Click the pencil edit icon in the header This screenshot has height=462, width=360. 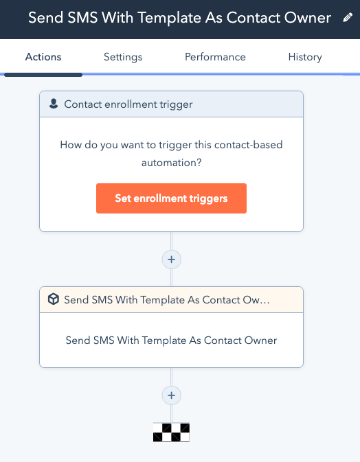click(348, 18)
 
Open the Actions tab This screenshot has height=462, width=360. click(43, 57)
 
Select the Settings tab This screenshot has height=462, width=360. click(123, 57)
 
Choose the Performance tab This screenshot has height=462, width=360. click(215, 57)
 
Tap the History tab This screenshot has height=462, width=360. click(305, 57)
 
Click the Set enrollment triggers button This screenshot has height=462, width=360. click(171, 198)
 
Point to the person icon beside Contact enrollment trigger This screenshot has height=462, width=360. click(54, 104)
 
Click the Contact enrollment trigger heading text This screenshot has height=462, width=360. click(128, 104)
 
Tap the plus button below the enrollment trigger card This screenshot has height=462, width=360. click(171, 259)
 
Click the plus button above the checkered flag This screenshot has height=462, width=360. click(171, 395)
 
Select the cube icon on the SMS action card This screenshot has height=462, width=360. click(54, 299)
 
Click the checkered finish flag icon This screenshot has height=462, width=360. click(171, 432)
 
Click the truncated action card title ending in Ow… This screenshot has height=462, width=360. click(166, 300)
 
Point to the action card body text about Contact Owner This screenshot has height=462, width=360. click(171, 340)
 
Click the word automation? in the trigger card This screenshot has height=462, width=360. click(172, 163)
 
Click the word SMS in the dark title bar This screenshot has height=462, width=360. click(82, 18)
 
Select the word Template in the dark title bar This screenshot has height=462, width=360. click(169, 19)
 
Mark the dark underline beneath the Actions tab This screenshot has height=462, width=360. click(43, 75)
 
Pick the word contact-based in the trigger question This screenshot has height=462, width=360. click(248, 145)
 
